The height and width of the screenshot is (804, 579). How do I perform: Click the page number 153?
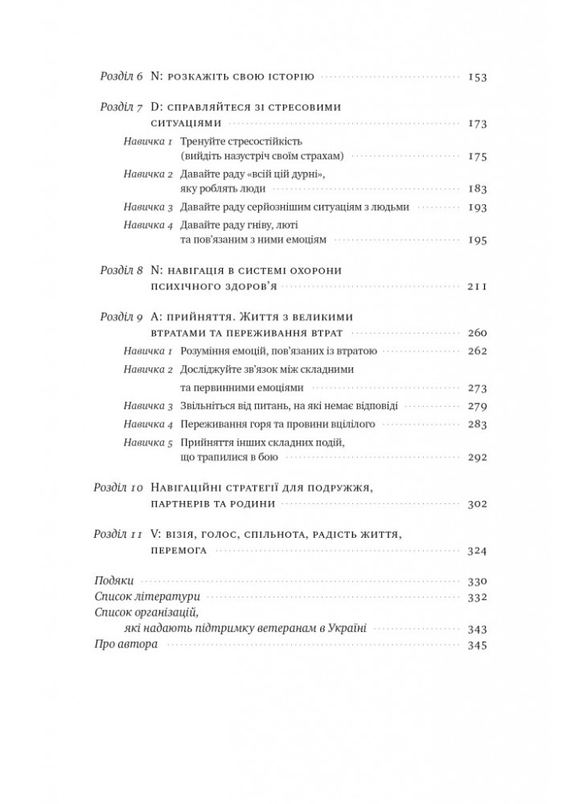tap(478, 78)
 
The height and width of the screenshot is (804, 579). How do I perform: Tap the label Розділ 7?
tap(120, 105)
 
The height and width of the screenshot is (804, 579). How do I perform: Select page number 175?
tap(478, 156)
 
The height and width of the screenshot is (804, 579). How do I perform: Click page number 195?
tap(478, 240)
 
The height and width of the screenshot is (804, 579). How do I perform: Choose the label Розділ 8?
tap(120, 270)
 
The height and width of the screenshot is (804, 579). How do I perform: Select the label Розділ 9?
tap(120, 317)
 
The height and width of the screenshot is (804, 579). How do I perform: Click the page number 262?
tap(478, 351)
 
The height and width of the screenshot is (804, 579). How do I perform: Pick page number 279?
tap(478, 406)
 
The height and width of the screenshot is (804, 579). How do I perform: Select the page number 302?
tap(478, 504)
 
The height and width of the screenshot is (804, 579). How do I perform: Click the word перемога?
tap(179, 551)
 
